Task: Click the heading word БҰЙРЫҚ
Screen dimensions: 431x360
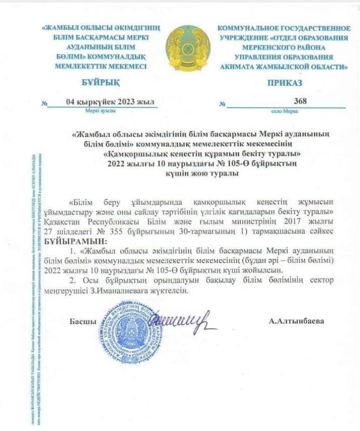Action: point(99,83)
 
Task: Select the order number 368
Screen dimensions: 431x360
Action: point(300,101)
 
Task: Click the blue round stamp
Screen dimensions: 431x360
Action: point(131,331)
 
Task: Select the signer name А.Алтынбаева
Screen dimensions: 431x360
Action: point(296,321)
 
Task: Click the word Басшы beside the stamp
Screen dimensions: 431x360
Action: point(83,321)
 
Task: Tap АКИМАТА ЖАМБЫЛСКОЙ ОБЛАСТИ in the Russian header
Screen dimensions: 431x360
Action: point(284,66)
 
